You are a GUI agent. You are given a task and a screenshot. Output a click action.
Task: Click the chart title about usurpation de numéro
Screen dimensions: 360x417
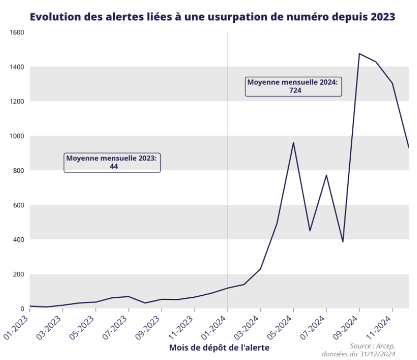[212, 17]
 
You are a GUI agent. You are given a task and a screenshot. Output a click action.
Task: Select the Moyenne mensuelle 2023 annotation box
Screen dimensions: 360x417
[112, 162]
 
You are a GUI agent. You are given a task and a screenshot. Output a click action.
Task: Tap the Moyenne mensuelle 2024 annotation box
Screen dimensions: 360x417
[293, 86]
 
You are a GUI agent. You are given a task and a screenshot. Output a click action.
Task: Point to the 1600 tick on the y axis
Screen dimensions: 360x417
[17, 32]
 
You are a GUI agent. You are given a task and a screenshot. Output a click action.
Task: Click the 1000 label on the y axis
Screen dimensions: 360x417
[17, 136]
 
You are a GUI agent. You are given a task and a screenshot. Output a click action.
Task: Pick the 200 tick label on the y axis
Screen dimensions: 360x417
[19, 274]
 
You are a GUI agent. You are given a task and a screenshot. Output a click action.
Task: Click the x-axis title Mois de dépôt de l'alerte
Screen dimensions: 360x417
[220, 347]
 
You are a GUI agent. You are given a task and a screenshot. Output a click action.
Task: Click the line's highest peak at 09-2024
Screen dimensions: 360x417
[359, 54]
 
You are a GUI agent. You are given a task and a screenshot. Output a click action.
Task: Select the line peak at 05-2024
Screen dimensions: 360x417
[293, 143]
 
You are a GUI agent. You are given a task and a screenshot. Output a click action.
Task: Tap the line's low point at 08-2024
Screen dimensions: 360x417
[343, 241]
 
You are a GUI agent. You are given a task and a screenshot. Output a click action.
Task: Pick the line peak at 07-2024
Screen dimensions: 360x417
[326, 176]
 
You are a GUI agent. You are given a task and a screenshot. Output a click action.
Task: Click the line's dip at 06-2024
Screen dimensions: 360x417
[310, 230]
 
